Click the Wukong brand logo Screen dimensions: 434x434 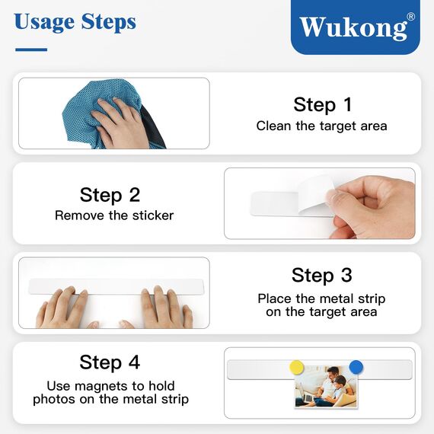pos(354,27)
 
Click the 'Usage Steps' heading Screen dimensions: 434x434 pos(75,21)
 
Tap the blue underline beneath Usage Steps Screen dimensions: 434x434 pos(31,49)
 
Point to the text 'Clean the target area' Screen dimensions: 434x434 pos(321,126)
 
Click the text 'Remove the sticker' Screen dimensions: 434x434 pos(114,215)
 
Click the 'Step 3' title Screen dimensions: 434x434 pos(321,275)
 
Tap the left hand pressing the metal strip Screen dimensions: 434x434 pos(65,308)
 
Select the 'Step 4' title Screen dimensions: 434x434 pos(110,362)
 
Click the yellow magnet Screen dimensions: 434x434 pos(297,367)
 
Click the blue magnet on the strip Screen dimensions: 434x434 pos(356,366)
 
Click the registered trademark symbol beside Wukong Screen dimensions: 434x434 pos(411,17)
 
